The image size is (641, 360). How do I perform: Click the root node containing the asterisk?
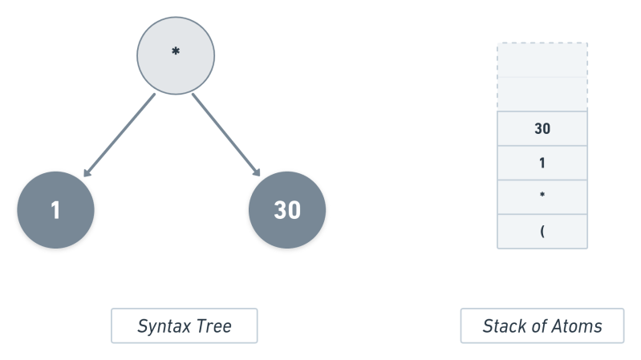coord(176,55)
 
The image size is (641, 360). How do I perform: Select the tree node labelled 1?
coord(55,210)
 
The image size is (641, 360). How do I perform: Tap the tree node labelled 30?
coord(287,210)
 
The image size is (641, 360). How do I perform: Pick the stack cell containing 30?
coord(542,128)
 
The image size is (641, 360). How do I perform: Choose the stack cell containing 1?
coord(542,163)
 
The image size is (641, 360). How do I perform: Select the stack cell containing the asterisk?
coord(542,197)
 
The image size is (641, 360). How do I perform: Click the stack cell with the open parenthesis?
coord(542,232)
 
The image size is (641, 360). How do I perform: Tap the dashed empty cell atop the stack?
coord(542,76)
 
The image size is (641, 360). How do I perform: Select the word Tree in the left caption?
coord(215,326)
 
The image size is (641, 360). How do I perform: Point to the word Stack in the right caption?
coord(502,326)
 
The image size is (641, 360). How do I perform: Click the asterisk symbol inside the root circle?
coord(176,53)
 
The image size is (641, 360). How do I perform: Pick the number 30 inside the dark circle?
coord(287,210)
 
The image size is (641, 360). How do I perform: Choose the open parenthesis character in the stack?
coord(542,232)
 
